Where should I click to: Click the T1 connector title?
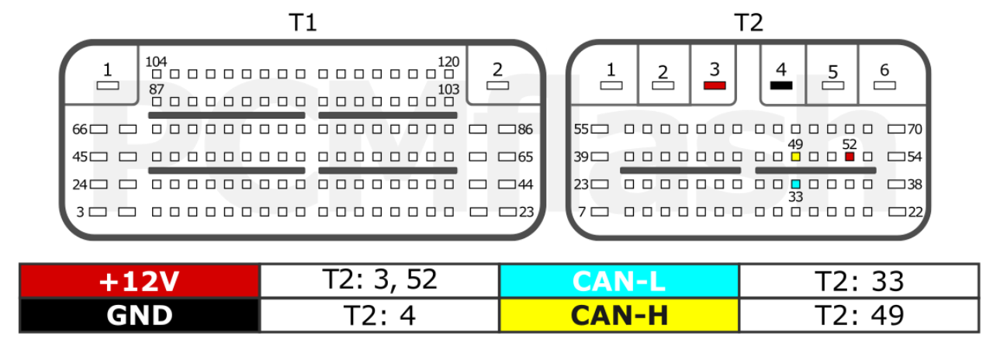coord(303,22)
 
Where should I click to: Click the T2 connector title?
coord(749,22)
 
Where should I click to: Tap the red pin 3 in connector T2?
coord(715,85)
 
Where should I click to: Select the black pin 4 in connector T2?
coord(781,85)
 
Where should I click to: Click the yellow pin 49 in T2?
coord(795,157)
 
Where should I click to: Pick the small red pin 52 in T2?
coord(849,157)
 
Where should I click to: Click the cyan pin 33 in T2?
coord(795,184)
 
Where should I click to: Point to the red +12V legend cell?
coord(140,281)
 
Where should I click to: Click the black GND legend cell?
coord(140,315)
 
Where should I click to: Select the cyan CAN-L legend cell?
coord(619,281)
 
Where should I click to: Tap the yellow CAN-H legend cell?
coord(619,315)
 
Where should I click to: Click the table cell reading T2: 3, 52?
coord(379,281)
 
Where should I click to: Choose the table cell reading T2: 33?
coord(860,281)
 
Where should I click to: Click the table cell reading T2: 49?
coord(860,315)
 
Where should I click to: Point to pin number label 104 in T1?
coord(156,61)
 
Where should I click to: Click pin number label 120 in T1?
coord(448,61)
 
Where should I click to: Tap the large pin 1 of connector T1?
coord(108,85)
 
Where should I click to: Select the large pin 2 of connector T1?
coord(497,85)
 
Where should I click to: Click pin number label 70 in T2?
coord(915,129)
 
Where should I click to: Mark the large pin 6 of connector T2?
coord(884,85)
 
